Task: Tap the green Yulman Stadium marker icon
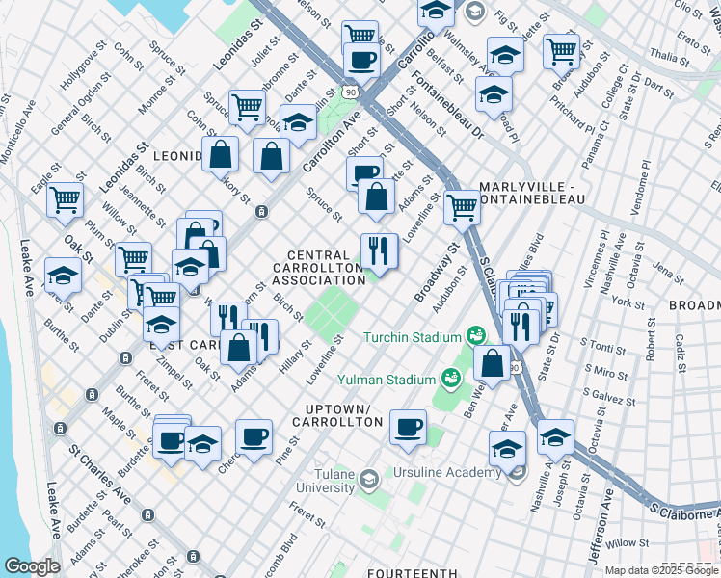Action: [x=449, y=377]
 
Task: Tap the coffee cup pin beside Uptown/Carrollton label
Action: [x=408, y=426]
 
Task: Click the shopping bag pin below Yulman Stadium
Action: [x=492, y=365]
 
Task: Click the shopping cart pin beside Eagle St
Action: [x=66, y=200]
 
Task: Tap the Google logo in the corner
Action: [x=32, y=566]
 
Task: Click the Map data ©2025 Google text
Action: [x=660, y=570]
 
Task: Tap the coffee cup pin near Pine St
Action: [x=254, y=437]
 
